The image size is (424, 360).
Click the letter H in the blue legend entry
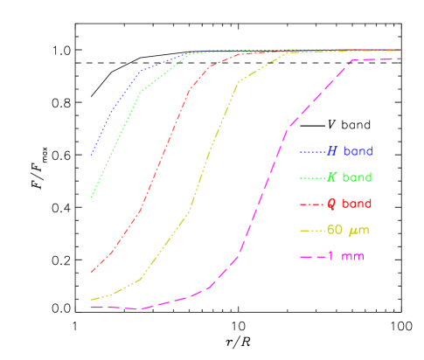pyautogui.click(x=332, y=151)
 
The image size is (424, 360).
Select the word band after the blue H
pyautogui.click(x=358, y=151)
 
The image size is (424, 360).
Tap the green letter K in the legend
pyautogui.click(x=332, y=177)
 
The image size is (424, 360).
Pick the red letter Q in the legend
pyautogui.click(x=332, y=204)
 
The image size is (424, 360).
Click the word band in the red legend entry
pyautogui.click(x=358, y=204)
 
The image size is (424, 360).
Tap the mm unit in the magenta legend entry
pyautogui.click(x=353, y=257)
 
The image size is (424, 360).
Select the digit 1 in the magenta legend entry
pyautogui.click(x=331, y=256)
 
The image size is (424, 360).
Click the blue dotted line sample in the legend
pyautogui.click(x=312, y=152)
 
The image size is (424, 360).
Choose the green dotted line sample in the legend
pyautogui.click(x=312, y=178)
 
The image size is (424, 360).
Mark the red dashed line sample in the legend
pyautogui.click(x=312, y=204)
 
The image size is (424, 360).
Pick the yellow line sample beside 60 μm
pyautogui.click(x=312, y=231)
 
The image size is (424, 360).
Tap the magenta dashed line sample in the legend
pyautogui.click(x=312, y=257)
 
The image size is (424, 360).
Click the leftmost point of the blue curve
pyautogui.click(x=91, y=156)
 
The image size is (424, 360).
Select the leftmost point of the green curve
pyautogui.click(x=91, y=198)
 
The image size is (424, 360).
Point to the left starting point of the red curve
pyautogui.click(x=91, y=272)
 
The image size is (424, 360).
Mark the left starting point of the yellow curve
pyautogui.click(x=91, y=300)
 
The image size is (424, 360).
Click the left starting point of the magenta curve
pyautogui.click(x=91, y=307)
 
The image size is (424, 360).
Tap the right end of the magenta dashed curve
pyautogui.click(x=401, y=59)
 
